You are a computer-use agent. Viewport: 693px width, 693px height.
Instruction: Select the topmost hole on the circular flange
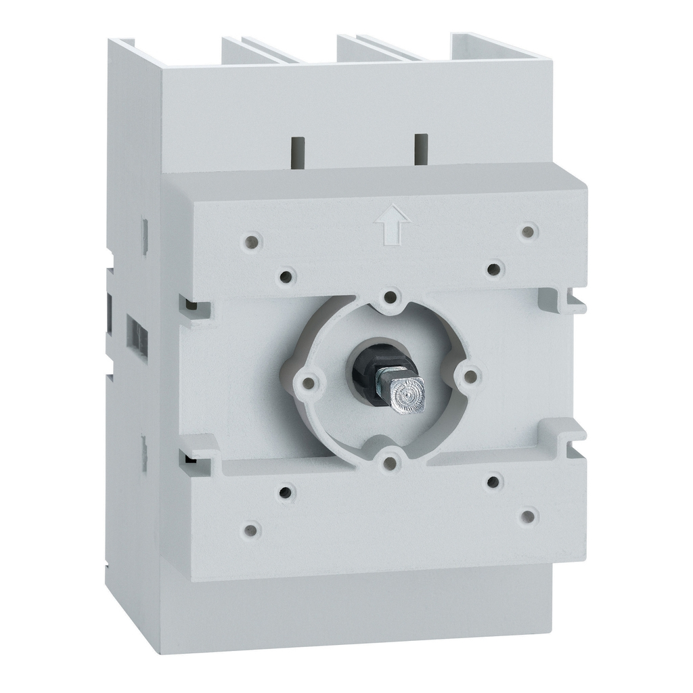(390, 296)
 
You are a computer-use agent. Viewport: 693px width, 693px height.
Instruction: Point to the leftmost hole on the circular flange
(309, 383)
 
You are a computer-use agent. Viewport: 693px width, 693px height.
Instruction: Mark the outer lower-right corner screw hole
(528, 517)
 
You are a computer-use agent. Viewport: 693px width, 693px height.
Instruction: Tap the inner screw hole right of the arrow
(495, 269)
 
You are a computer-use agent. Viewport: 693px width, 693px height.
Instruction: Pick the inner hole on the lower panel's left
(286, 492)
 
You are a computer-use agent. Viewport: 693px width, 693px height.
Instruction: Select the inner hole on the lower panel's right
(495, 481)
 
